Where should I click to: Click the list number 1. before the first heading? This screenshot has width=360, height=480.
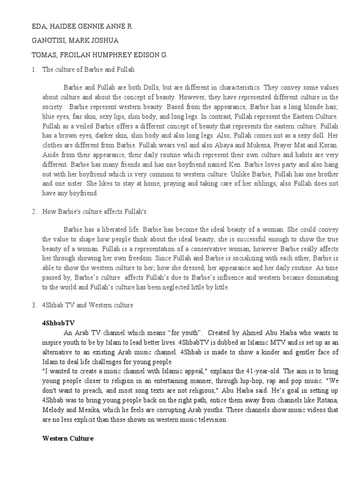tap(34, 69)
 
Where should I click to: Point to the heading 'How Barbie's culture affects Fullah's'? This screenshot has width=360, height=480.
tap(95, 212)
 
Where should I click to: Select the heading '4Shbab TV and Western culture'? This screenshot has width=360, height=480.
tap(88, 305)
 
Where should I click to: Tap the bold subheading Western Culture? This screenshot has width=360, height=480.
tap(68, 438)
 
